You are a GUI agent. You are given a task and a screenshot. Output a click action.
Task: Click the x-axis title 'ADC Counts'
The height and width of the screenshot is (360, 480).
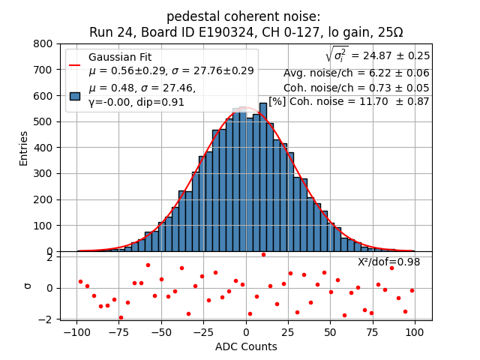pos(246,346)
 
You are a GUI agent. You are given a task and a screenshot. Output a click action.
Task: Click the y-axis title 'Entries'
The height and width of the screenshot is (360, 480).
pos(23,148)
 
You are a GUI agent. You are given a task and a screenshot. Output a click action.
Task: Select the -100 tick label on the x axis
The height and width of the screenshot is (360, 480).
pos(76,331)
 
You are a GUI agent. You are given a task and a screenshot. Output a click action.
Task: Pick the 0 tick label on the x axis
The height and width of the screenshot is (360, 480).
pos(246,331)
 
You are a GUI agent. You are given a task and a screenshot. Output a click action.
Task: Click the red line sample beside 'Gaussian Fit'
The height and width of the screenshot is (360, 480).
pos(75,64)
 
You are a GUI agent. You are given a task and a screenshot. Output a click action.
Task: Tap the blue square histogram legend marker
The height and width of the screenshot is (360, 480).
pos(75,96)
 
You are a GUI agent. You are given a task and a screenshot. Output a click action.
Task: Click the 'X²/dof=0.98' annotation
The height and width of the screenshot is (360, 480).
pos(388,262)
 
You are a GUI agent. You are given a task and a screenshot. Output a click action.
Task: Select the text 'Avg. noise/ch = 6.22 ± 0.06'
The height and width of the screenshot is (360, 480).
pos(356,73)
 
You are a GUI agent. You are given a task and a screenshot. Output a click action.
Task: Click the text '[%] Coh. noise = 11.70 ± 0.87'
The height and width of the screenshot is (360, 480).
pos(349,101)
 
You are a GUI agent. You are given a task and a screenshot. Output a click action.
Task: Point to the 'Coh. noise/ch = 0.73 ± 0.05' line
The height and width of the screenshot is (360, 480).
pos(356,88)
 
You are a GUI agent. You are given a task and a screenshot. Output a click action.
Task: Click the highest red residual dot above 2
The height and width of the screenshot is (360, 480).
pos(263,254)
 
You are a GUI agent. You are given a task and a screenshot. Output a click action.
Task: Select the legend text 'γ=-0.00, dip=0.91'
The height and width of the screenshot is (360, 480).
pos(136,102)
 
